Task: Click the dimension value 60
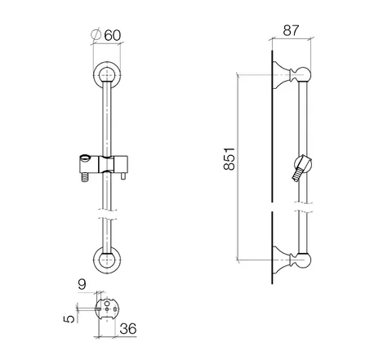[x=112, y=35]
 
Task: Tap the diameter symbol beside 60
[x=96, y=34]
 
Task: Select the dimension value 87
[x=291, y=30]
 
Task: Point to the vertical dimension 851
[x=229, y=158]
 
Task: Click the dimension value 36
[x=128, y=329]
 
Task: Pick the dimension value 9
[x=82, y=285]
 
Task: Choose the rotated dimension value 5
[x=69, y=319]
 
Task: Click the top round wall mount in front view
[x=107, y=75]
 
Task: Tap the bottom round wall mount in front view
[x=107, y=260]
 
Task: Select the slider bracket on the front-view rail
[x=104, y=164]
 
